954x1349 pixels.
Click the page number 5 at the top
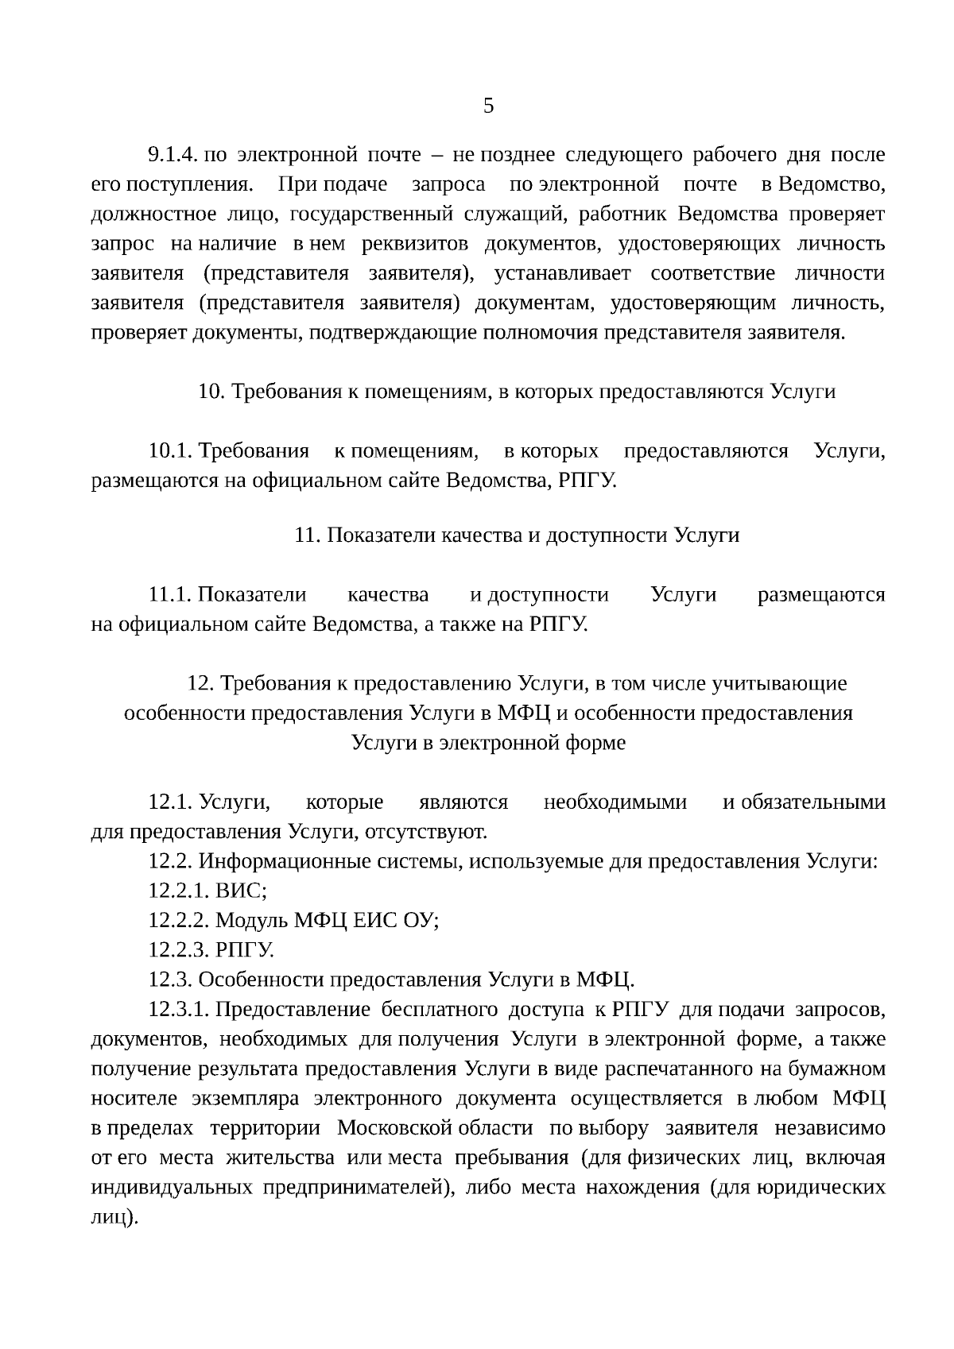pyautogui.click(x=488, y=106)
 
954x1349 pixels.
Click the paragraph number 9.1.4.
pyautogui.click(x=172, y=154)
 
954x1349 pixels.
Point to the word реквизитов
pyautogui.click(x=413, y=243)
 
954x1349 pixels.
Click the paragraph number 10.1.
pyautogui.click(x=170, y=451)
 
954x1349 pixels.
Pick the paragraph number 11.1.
pyautogui.click(x=170, y=594)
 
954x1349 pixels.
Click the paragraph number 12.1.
pyautogui.click(x=170, y=802)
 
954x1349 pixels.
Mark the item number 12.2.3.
pyautogui.click(x=178, y=950)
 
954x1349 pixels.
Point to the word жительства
pyautogui.click(x=280, y=1158)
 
